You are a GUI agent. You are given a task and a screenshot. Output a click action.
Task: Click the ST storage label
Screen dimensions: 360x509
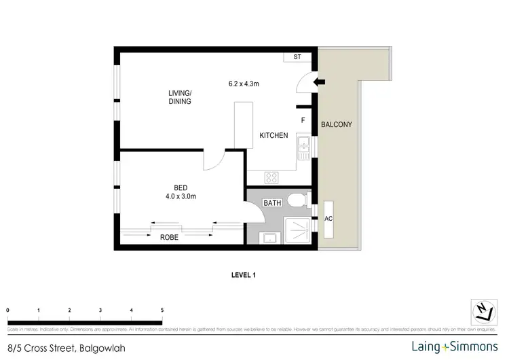(x=297, y=57)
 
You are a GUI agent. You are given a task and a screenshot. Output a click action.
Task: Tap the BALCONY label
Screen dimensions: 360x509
(x=336, y=125)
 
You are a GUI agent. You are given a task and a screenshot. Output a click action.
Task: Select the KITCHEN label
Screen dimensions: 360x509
(x=274, y=136)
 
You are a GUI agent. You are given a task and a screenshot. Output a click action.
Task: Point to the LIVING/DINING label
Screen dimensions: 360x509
(x=181, y=97)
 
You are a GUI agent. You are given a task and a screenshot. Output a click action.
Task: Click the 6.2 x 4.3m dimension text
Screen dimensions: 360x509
(x=244, y=84)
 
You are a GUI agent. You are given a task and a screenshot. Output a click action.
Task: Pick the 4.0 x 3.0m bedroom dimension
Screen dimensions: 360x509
(x=180, y=197)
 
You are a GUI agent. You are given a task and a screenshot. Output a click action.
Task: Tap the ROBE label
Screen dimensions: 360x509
(x=169, y=237)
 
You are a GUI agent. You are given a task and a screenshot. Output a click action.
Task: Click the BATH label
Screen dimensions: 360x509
(x=273, y=203)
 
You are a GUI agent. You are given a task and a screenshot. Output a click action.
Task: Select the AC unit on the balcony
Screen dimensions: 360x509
(x=329, y=219)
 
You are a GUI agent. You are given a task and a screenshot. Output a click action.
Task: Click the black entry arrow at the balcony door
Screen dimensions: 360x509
(x=319, y=83)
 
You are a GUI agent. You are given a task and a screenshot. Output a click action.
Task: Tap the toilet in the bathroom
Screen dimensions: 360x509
(x=297, y=201)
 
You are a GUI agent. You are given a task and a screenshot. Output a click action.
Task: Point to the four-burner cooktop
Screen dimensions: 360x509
(x=272, y=177)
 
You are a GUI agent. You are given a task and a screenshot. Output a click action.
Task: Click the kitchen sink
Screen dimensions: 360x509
(x=305, y=144)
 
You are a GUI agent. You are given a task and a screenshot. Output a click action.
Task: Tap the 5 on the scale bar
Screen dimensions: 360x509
(x=162, y=310)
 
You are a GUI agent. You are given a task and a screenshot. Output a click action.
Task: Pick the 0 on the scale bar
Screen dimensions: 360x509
(x=7, y=310)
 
